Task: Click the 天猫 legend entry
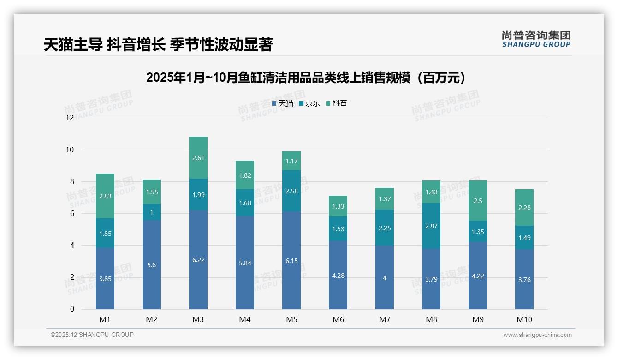tap(283, 103)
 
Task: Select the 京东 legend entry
tap(309, 103)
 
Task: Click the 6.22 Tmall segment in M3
tap(198, 260)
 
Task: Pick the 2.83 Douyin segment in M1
tap(105, 196)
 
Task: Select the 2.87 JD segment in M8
tap(431, 226)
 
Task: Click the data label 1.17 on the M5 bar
tap(291, 162)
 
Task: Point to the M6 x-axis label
tap(338, 319)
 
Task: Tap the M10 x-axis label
tap(524, 319)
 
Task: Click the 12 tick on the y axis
tap(70, 118)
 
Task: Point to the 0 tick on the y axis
tap(72, 309)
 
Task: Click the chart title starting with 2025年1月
tap(305, 78)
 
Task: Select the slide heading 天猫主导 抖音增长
tap(158, 44)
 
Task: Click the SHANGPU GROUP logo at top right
tap(536, 39)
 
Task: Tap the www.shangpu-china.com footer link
tap(537, 335)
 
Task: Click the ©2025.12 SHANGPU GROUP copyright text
tap(92, 335)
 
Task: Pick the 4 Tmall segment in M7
tap(385, 278)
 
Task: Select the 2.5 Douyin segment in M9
tap(478, 201)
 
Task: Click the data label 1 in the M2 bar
tap(152, 212)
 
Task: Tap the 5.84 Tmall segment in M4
tap(245, 263)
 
